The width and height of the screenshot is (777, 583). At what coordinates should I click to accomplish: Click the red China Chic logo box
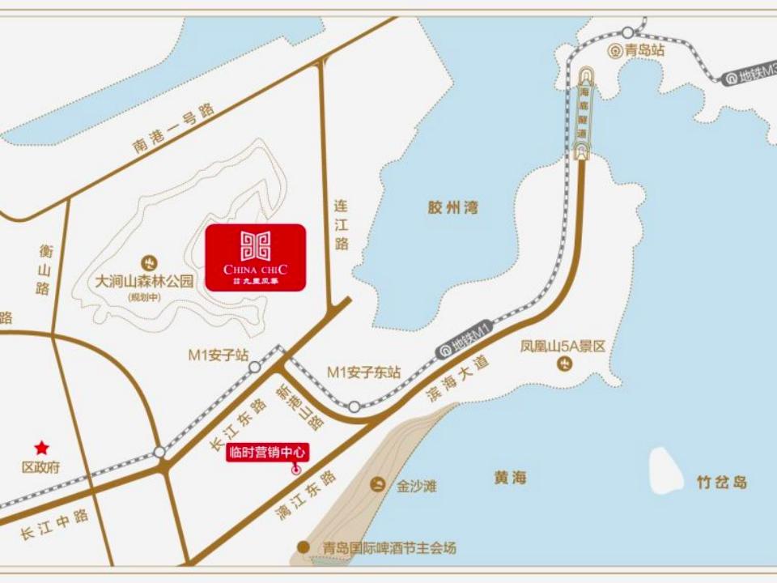click(255, 257)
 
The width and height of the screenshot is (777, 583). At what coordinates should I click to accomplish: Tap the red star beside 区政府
click(40, 447)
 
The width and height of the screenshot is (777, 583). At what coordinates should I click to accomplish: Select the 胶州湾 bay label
click(453, 207)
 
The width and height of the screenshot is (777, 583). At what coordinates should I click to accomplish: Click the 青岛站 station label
click(643, 49)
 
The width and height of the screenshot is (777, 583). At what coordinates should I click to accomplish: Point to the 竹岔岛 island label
click(722, 483)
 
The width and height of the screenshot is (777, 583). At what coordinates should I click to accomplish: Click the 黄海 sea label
click(510, 478)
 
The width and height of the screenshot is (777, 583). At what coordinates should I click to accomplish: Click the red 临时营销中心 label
click(267, 453)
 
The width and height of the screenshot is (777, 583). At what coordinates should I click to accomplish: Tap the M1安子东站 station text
click(363, 372)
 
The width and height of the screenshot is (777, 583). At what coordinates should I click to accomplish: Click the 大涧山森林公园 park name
click(145, 281)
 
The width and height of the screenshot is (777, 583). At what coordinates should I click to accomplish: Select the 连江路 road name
click(342, 224)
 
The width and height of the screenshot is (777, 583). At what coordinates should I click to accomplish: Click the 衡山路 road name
click(43, 269)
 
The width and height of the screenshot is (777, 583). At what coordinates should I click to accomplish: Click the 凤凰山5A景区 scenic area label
click(563, 347)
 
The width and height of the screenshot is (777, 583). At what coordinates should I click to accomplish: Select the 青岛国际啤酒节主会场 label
click(388, 548)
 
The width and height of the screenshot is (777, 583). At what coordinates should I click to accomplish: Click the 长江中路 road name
click(54, 526)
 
